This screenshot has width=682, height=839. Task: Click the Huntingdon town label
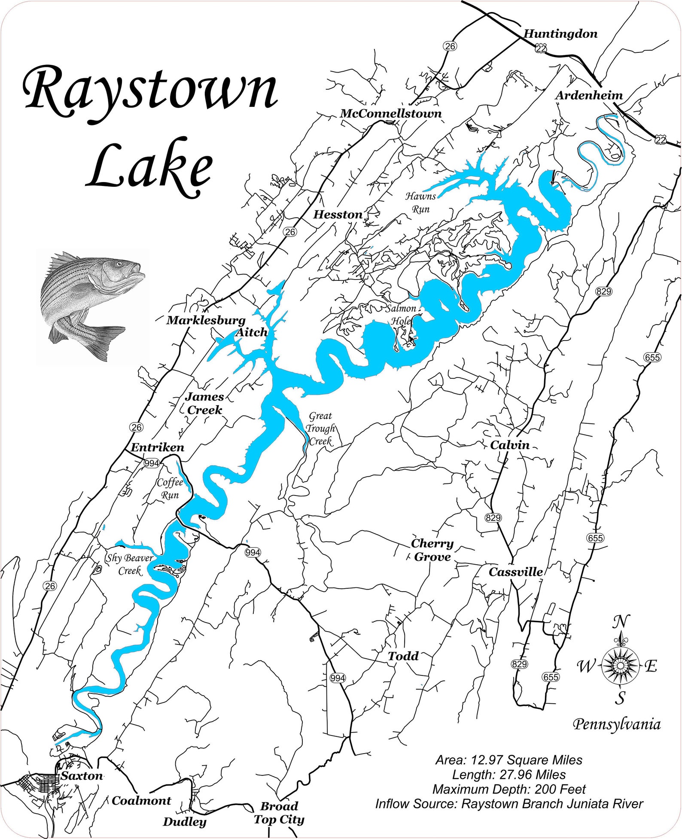[560, 34]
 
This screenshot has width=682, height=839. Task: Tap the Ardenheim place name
[589, 95]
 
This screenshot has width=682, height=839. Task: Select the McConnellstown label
[391, 114]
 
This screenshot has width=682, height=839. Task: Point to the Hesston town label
[338, 215]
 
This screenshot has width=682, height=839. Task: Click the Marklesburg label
[206, 320]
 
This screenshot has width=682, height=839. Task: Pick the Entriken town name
[157, 447]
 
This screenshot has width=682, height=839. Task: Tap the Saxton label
[82, 776]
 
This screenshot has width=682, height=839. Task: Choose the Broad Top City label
[279, 813]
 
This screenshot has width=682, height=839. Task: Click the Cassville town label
[516, 572]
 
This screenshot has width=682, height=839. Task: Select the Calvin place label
[510, 445]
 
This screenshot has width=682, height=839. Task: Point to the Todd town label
[403, 656]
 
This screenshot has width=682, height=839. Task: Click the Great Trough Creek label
[320, 429]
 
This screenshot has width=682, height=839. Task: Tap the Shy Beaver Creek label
[130, 564]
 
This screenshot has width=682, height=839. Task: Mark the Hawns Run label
[420, 203]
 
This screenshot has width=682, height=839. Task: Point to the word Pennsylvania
[617, 725]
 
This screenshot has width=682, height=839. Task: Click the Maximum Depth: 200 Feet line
[509, 789]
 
